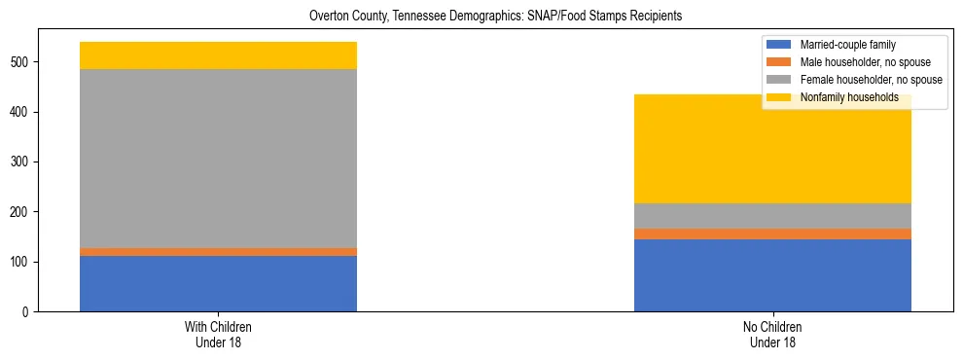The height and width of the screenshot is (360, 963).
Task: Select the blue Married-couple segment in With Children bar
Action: [x=218, y=283]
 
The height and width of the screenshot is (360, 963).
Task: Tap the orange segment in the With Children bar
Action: [x=218, y=252]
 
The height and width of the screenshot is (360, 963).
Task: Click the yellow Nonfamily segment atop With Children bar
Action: [x=218, y=55]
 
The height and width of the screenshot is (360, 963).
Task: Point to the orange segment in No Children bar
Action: [x=772, y=234]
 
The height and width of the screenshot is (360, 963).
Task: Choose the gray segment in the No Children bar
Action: [x=772, y=216]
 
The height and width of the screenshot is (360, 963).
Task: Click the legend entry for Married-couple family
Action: [x=847, y=45]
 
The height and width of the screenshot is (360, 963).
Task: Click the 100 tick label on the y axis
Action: [x=21, y=263]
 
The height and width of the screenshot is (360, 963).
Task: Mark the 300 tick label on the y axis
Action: [x=21, y=162]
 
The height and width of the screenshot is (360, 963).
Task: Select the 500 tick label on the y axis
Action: [x=21, y=62]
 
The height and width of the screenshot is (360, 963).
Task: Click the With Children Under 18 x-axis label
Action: [x=218, y=334]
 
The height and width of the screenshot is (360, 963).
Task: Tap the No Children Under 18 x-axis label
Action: [x=772, y=334]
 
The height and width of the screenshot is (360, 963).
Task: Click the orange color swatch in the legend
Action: [x=779, y=62]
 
